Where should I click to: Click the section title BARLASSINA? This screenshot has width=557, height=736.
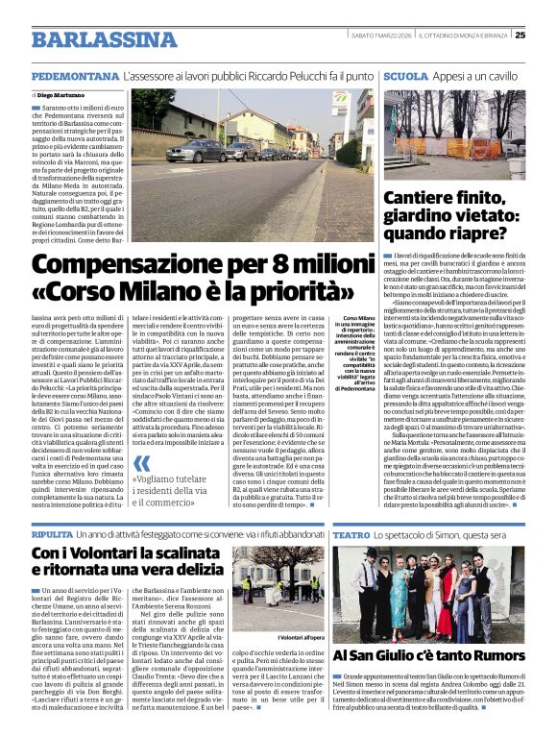tap(91, 39)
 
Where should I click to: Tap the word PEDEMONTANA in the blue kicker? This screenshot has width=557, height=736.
tap(74, 75)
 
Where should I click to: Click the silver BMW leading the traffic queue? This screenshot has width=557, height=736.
tap(197, 151)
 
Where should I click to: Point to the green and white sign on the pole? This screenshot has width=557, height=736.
tap(341, 99)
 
